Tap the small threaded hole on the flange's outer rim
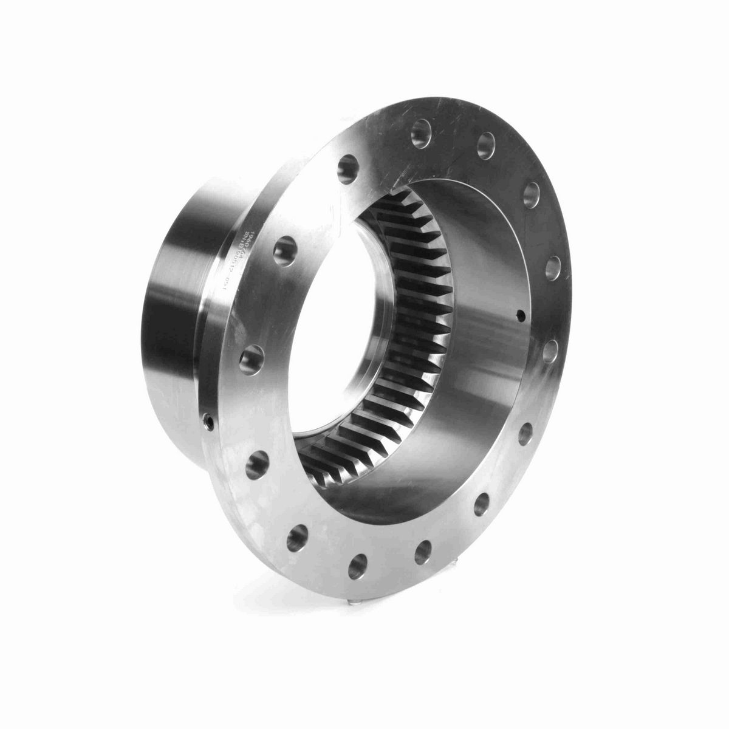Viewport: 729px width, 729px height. click(209, 420)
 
